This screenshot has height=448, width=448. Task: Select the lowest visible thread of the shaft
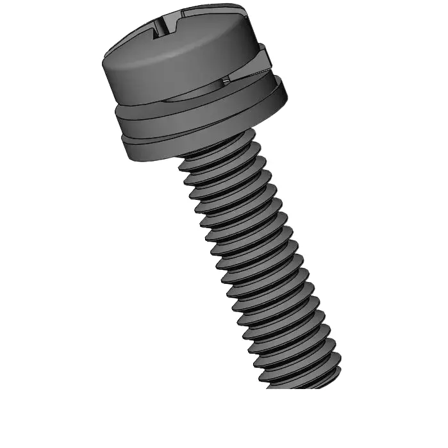pos(301,378)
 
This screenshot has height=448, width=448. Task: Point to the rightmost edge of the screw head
pos(263,38)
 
